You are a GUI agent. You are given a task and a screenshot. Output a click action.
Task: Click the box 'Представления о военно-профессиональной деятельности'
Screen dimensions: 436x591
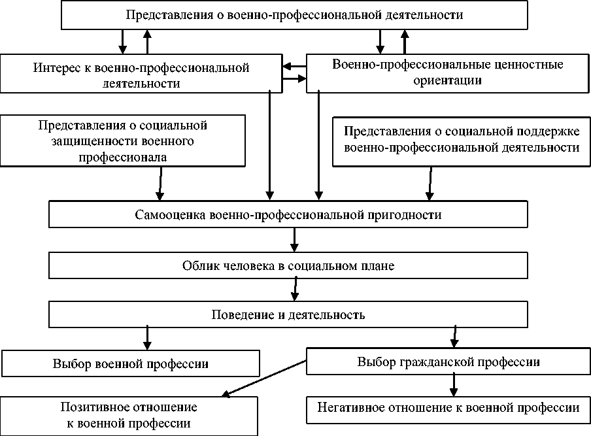[x=294, y=15]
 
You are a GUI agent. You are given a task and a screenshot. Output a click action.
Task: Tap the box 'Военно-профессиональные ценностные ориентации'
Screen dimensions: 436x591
[x=447, y=73]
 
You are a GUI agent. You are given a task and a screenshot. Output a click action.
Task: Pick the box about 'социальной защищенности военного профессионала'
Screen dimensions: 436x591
[x=123, y=141]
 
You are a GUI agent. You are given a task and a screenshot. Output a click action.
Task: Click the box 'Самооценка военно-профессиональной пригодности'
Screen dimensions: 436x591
[x=288, y=215]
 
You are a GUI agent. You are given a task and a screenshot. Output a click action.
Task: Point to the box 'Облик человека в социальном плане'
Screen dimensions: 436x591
[x=288, y=266]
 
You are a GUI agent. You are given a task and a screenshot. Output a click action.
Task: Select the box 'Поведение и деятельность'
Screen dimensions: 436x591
[x=288, y=315]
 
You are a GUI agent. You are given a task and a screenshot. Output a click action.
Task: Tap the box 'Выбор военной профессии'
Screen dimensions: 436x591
[x=131, y=363]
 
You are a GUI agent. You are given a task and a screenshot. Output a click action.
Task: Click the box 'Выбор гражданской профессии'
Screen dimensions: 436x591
[x=448, y=361]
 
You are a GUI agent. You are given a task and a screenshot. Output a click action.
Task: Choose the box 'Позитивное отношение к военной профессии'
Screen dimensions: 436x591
[x=129, y=415]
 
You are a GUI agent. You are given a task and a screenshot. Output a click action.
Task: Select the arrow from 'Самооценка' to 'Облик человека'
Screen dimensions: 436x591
[x=295, y=239]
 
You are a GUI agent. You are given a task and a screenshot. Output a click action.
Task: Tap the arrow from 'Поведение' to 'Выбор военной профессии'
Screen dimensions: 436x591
[x=147, y=337]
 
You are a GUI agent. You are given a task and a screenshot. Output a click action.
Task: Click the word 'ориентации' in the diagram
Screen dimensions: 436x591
[x=447, y=81]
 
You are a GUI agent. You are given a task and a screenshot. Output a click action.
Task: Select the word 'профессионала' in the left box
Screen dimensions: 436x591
[x=122, y=157]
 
